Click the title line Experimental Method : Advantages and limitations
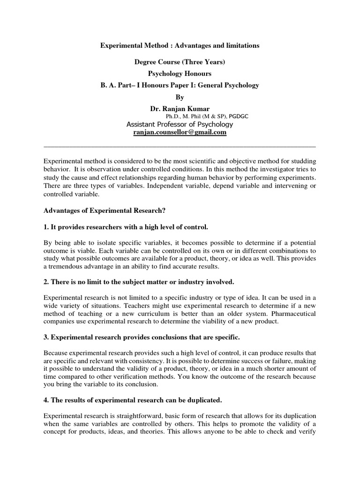(180, 46)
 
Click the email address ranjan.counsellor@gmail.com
(180, 133)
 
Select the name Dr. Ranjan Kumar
(180, 109)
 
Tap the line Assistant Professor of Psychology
(180, 124)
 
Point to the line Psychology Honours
(180, 74)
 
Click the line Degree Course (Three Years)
(180, 62)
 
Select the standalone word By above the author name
(180, 97)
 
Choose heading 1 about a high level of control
(125, 227)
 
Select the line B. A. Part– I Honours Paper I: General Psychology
(180, 85)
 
